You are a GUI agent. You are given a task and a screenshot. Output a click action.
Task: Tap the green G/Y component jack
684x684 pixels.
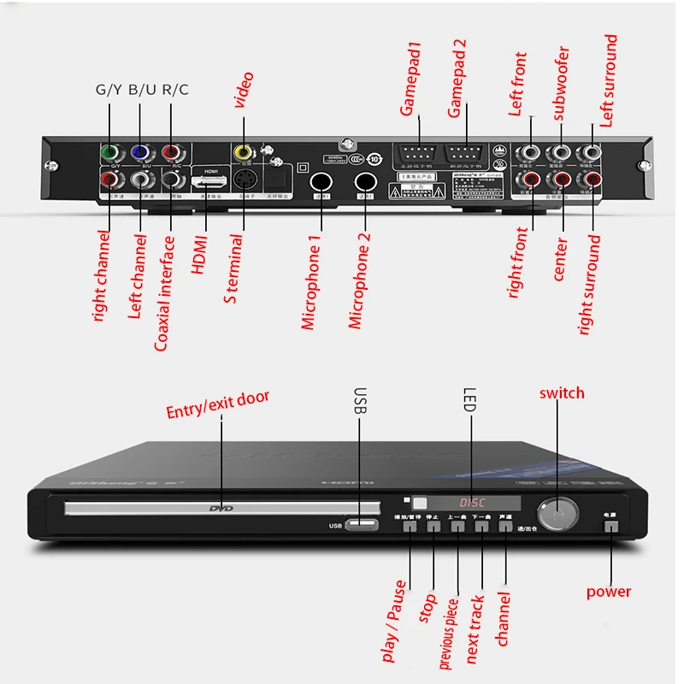coord(110,154)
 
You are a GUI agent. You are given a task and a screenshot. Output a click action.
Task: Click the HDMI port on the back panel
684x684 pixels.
coord(210,182)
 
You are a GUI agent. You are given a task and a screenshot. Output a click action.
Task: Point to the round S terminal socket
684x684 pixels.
coord(245,181)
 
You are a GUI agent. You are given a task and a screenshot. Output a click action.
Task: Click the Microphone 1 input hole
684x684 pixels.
coord(321,182)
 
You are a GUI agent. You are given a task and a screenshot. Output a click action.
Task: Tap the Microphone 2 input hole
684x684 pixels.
coord(367,182)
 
